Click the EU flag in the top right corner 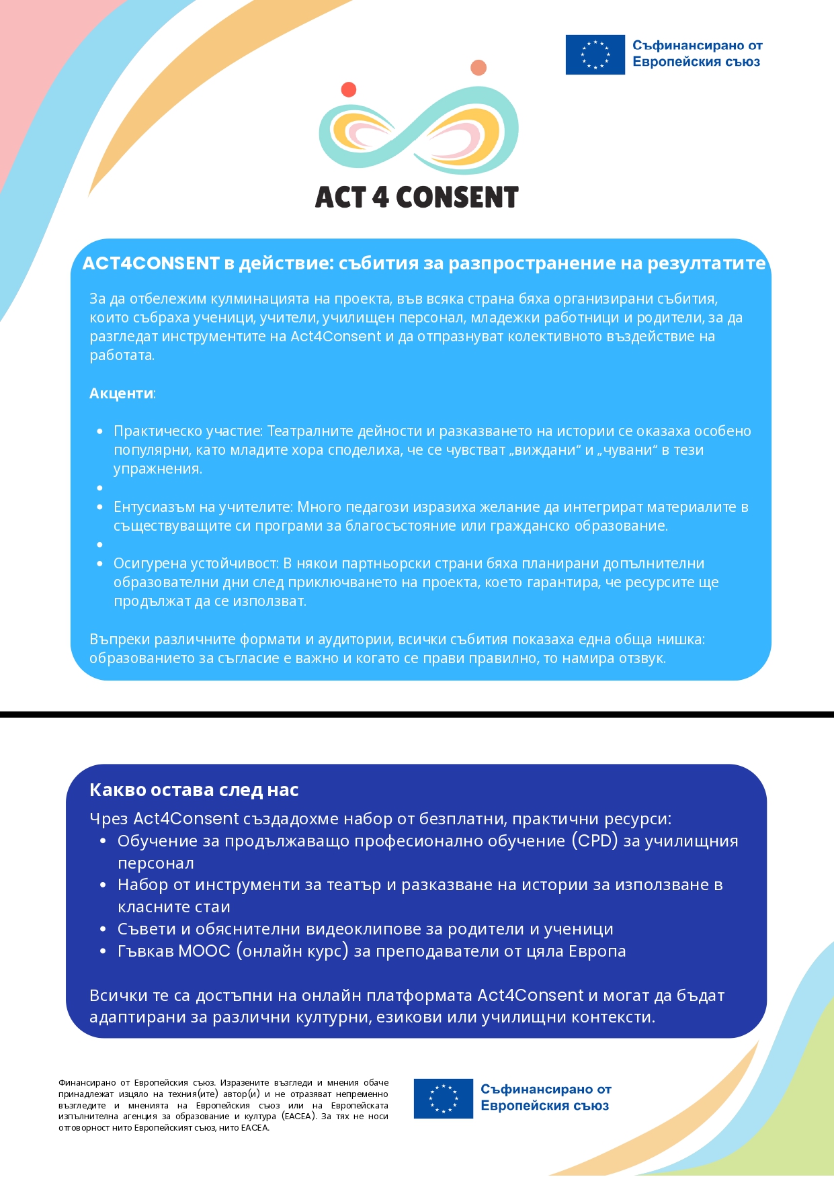595,54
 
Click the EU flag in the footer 443,1098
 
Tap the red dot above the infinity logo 348,89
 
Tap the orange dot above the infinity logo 478,68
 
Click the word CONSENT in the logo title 457,198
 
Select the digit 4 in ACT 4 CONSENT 380,198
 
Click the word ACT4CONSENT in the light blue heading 151,263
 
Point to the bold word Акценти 121,394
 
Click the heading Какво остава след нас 194,790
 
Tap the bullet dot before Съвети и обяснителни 103,929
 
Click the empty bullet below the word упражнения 100,488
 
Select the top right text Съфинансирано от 697,46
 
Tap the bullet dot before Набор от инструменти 103,885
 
